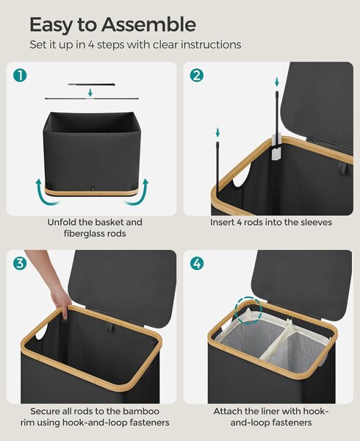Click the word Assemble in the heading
point(148,25)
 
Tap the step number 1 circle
point(20,76)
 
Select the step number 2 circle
point(196,76)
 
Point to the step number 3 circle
point(20,264)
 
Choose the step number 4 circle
point(197,264)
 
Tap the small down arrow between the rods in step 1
point(90,92)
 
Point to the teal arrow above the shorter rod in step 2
point(217,132)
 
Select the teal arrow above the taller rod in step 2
point(277,82)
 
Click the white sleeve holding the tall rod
point(276,148)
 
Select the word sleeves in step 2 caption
point(317,223)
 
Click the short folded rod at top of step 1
point(91,84)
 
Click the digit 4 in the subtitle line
point(91,45)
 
